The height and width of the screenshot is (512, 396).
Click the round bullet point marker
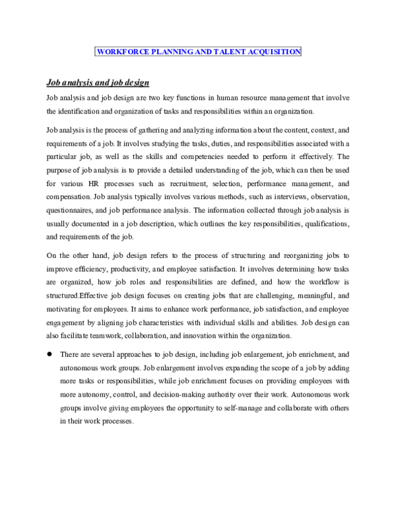coord(49,354)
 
